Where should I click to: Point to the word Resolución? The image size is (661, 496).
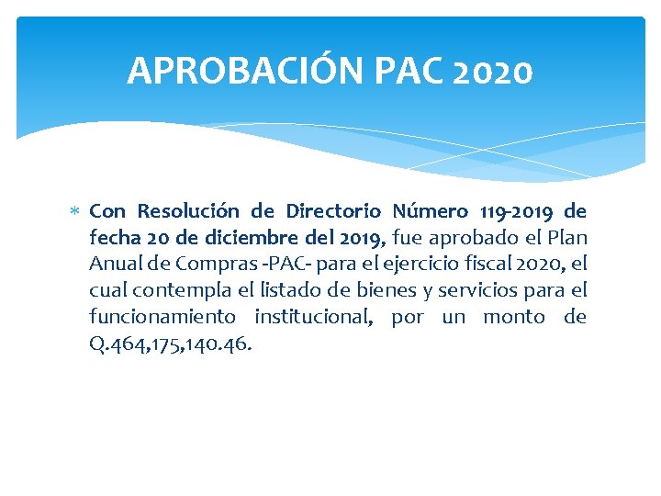[x=179, y=211]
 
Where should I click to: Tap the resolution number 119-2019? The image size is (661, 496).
[x=507, y=211]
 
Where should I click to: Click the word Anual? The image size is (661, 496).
[x=111, y=265]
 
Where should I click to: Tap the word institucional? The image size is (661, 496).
[x=313, y=318]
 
